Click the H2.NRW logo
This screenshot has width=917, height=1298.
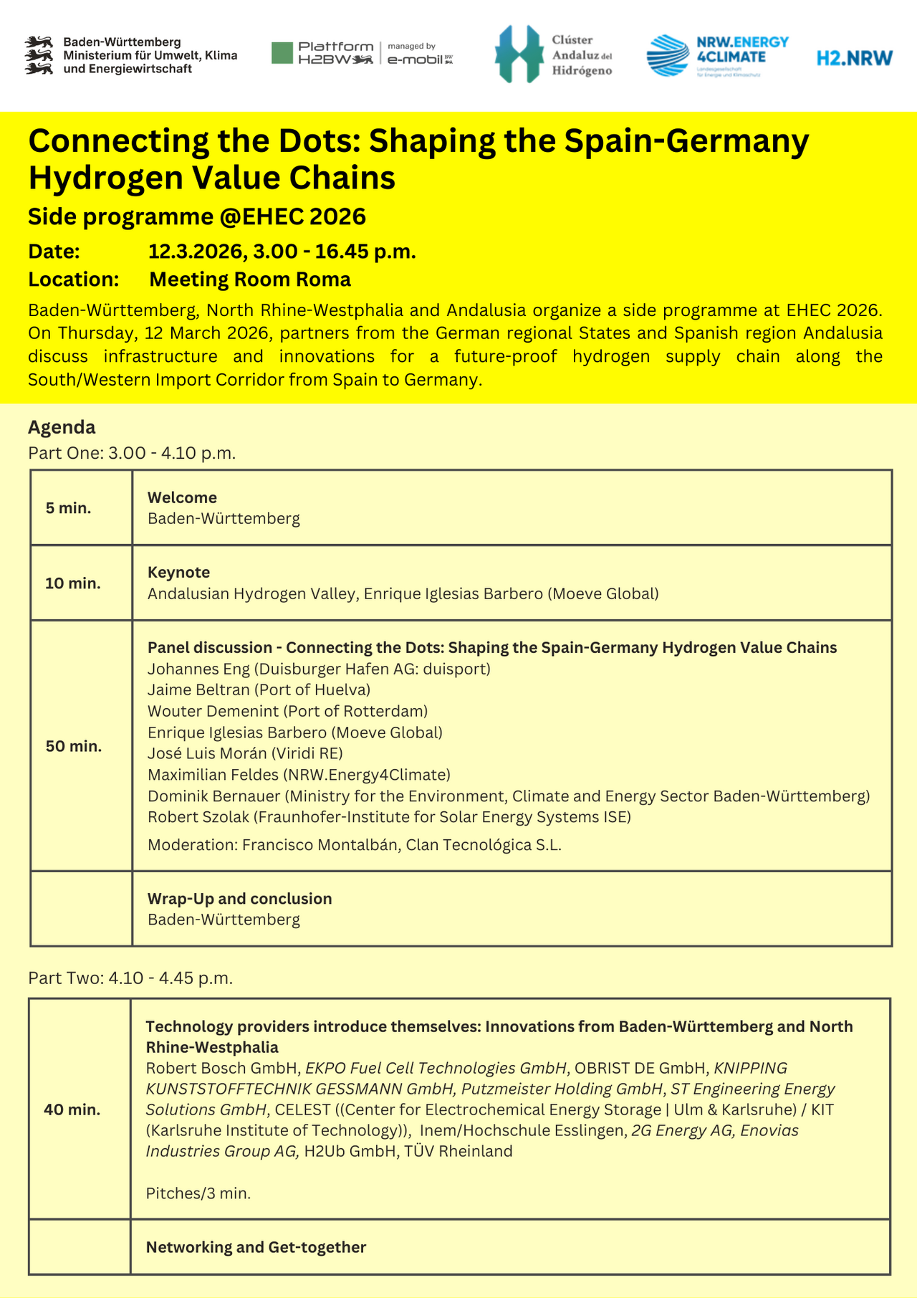point(855,58)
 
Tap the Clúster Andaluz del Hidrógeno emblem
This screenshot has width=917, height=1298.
point(519,54)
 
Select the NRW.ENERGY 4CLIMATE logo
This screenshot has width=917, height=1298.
point(717,56)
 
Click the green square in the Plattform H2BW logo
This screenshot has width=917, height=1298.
point(282,53)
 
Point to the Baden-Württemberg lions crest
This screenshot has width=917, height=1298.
point(39,56)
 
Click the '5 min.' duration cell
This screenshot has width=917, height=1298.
point(68,508)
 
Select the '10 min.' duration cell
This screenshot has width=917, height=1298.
point(73,583)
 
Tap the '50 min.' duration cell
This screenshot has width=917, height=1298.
point(74,746)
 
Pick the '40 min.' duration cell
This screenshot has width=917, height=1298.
point(72,1109)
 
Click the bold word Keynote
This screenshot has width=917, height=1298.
point(178,572)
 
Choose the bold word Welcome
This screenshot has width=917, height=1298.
point(182,497)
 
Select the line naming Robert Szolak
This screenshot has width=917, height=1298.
point(389,816)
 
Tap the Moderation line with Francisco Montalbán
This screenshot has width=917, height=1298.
point(354,844)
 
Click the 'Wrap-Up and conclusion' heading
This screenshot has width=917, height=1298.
point(239,898)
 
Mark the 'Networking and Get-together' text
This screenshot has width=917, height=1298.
point(256,1246)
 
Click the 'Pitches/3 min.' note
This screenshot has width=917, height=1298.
point(198,1193)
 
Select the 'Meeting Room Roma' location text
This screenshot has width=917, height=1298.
point(250,279)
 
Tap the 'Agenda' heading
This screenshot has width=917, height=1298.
point(62,427)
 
